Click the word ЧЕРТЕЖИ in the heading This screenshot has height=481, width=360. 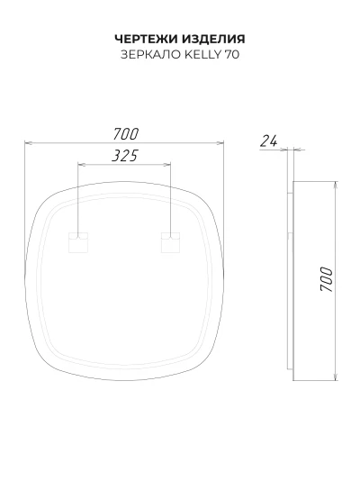tap(147, 39)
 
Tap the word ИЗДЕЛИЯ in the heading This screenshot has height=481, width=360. tap(214, 40)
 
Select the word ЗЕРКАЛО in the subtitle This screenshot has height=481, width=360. tap(150, 54)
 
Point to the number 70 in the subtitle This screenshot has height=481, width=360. tap(232, 54)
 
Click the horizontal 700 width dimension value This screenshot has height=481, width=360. tap(126, 134)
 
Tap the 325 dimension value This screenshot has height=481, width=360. tap(125, 156)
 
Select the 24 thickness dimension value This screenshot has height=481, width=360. tap(269, 141)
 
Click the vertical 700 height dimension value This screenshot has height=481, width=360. tap(326, 279)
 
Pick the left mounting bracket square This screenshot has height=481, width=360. tap(78, 242)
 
